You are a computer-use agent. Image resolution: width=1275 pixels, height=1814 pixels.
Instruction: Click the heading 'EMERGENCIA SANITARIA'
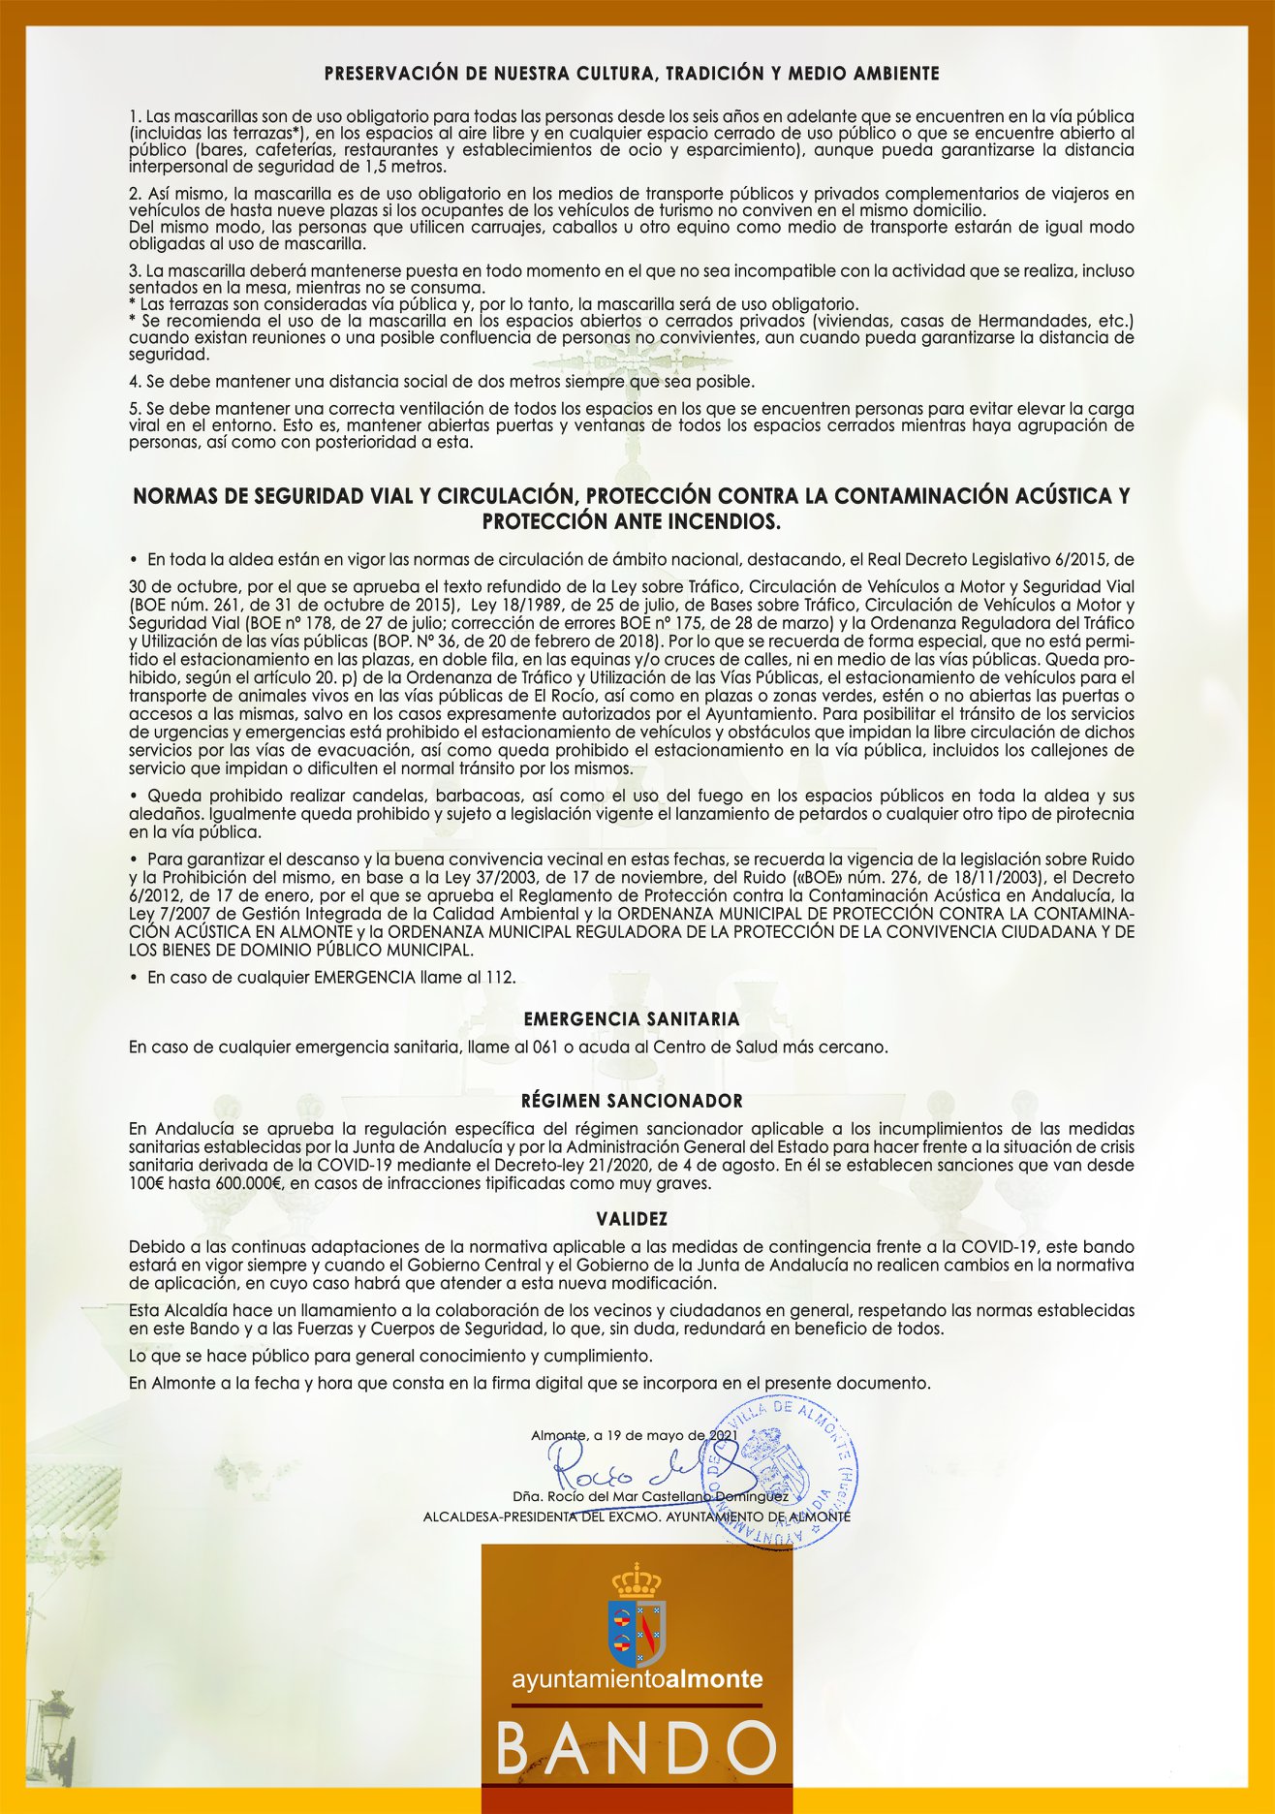pos(631,1019)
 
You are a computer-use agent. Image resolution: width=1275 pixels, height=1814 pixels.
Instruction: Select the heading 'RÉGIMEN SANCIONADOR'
pos(632,1101)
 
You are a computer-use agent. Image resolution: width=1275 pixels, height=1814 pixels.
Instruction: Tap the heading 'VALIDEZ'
pos(632,1219)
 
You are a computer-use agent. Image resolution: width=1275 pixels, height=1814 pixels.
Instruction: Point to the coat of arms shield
pos(636,1633)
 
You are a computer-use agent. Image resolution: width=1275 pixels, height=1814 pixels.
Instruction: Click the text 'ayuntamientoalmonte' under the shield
pos(637,1678)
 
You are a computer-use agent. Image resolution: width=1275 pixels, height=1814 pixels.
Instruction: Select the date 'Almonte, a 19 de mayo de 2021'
pos(635,1434)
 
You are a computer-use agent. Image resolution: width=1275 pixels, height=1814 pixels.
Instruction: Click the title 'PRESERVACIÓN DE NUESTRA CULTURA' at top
pos(631,74)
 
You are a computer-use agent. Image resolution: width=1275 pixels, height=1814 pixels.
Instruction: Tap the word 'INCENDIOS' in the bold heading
pos(720,521)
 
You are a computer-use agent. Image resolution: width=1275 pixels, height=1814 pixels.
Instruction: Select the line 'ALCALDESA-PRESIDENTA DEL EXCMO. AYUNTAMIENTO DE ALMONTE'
pos(637,1517)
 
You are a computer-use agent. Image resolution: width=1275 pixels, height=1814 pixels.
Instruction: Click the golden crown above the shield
pos(636,1580)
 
